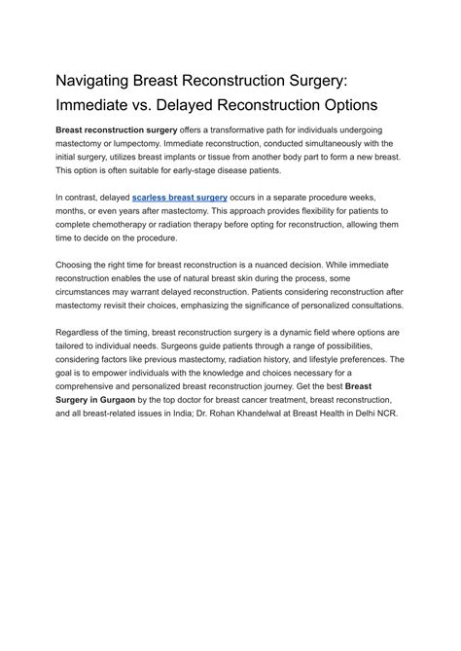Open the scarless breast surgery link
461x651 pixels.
(x=180, y=197)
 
